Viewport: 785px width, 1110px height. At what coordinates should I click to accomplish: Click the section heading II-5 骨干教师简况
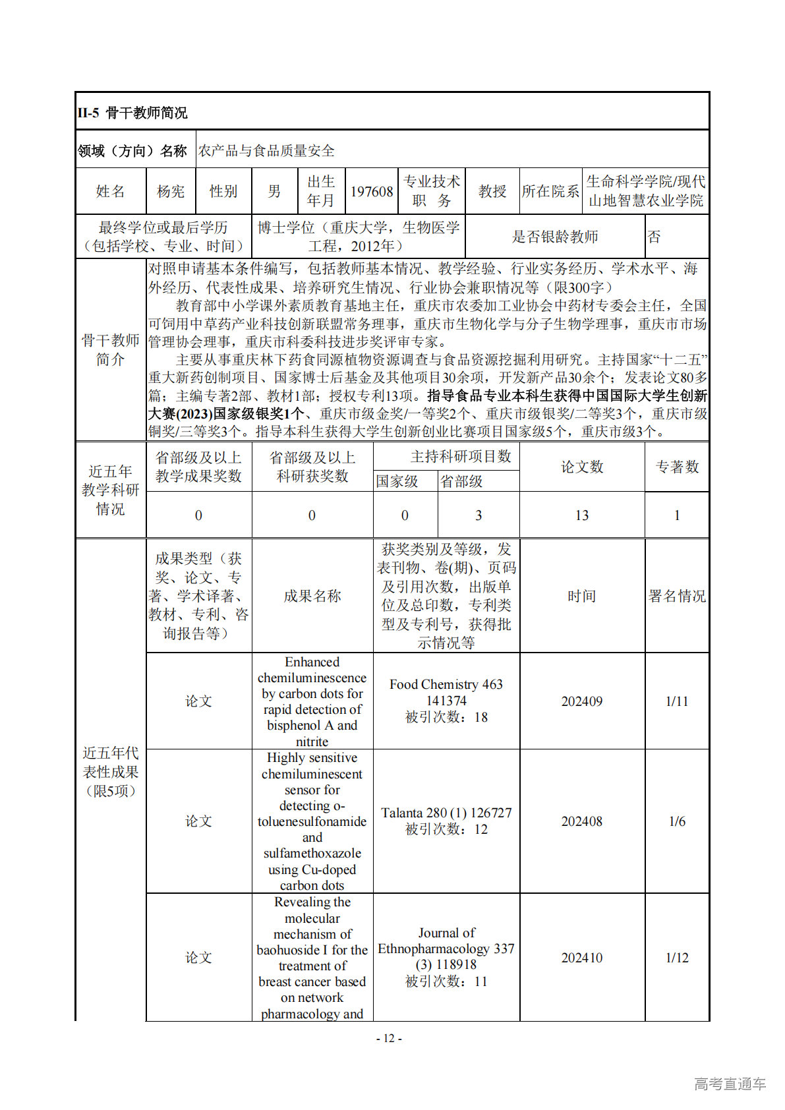click(x=132, y=113)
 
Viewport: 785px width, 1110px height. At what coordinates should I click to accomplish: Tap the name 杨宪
click(x=171, y=191)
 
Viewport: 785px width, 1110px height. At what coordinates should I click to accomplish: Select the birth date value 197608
click(x=372, y=191)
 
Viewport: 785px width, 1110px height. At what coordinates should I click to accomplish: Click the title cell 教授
click(x=492, y=191)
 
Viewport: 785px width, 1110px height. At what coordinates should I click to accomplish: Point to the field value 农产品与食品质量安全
click(x=267, y=150)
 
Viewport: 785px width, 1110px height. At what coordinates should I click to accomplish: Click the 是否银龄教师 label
click(x=555, y=237)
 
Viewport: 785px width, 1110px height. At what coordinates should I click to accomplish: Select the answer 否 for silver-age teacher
click(x=654, y=237)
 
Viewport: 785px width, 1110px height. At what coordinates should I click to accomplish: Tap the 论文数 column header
click(x=582, y=467)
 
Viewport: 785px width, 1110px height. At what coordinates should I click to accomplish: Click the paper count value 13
click(x=582, y=515)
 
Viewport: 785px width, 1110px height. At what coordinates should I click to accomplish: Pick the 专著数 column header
click(x=677, y=467)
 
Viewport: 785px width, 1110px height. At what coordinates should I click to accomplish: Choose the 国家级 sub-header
click(x=397, y=481)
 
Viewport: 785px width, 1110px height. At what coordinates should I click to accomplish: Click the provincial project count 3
click(x=479, y=515)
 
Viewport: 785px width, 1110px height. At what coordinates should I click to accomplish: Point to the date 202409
click(x=582, y=701)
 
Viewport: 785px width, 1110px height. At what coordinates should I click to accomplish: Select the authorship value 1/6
click(x=677, y=821)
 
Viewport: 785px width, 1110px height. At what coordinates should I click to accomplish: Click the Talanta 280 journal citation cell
click(x=446, y=821)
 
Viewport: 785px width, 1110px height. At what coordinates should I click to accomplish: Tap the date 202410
click(x=582, y=958)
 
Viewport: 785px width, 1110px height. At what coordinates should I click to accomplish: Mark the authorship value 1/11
click(x=677, y=701)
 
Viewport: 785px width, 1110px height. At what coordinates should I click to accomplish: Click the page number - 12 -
click(x=389, y=1038)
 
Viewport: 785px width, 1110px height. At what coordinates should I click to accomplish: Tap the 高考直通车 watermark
click(x=730, y=1084)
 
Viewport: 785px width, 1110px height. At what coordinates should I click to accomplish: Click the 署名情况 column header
click(x=677, y=596)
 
